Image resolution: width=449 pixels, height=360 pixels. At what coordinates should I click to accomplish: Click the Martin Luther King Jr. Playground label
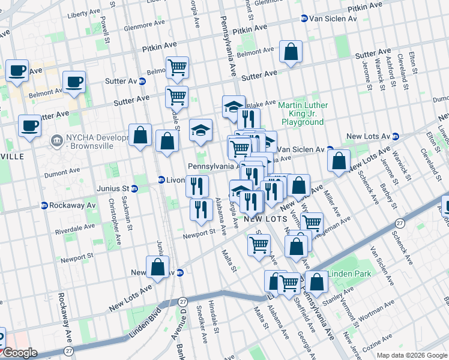pyautogui.click(x=301, y=113)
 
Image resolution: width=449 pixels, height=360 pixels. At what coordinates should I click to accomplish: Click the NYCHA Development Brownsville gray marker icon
pyautogui.click(x=57, y=140)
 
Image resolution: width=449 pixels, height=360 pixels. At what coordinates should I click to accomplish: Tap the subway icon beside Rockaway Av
pyautogui.click(x=44, y=205)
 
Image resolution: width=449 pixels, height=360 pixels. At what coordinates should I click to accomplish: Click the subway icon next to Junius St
pyautogui.click(x=134, y=188)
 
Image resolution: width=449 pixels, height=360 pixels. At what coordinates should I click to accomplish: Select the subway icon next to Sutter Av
pyautogui.click(x=143, y=81)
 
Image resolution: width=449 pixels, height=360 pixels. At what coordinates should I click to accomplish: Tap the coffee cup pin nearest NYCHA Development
pyautogui.click(x=29, y=126)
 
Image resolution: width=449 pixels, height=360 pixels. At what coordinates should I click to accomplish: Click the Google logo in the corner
pyautogui.click(x=19, y=353)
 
